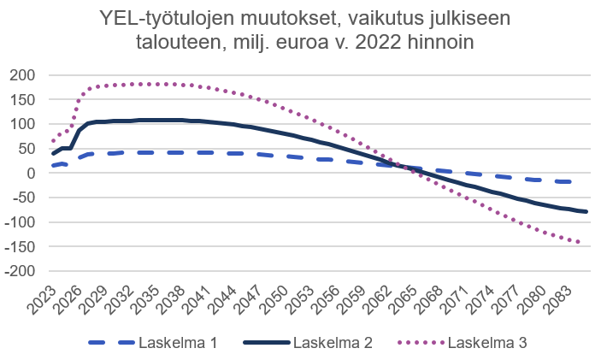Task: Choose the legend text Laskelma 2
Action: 333,343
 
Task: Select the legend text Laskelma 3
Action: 488,343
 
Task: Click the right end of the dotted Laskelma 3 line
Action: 580,243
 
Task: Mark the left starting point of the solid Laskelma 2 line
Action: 53,154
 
